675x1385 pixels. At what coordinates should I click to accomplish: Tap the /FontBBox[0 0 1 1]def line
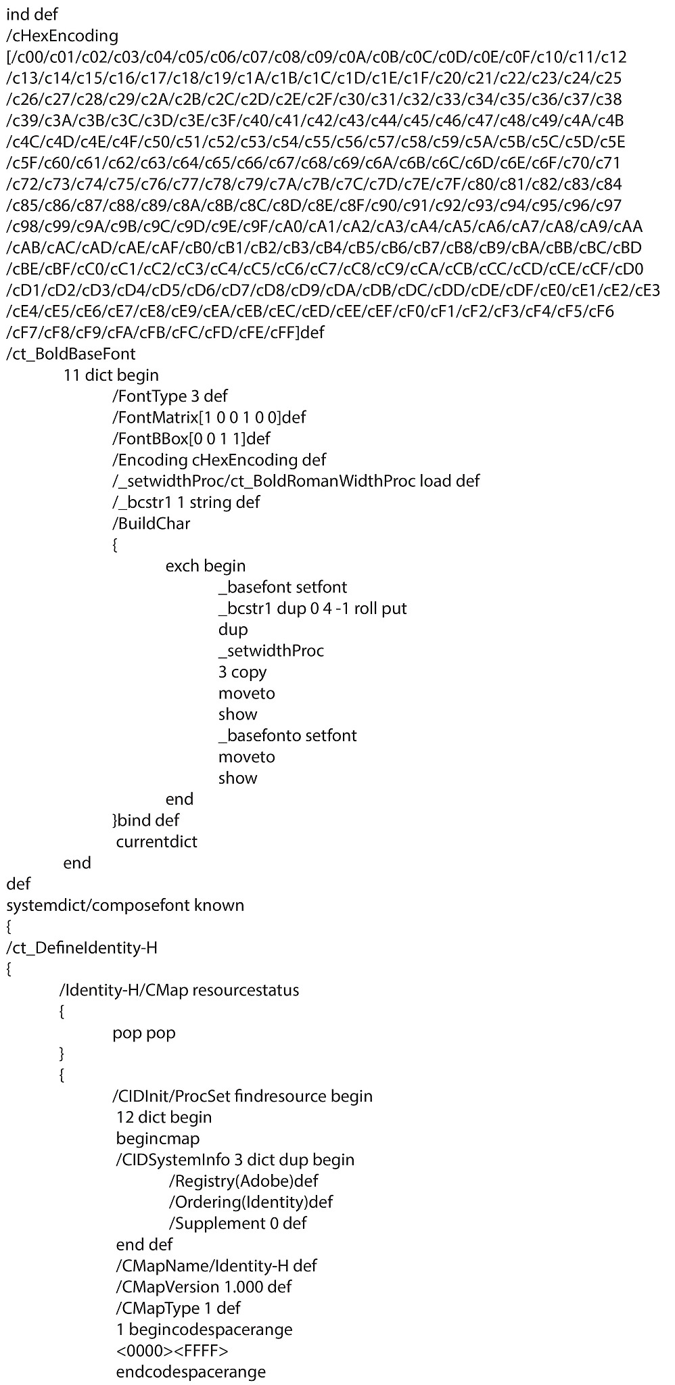click(x=191, y=438)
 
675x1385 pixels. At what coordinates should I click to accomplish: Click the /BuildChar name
click(x=152, y=523)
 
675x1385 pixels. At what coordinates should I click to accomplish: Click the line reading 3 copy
click(x=242, y=672)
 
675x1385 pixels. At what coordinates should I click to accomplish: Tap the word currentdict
click(x=157, y=841)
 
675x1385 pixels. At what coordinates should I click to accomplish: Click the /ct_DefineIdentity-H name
click(x=82, y=947)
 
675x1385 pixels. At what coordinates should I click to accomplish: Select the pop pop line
click(x=143, y=1033)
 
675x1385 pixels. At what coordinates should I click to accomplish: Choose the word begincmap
click(x=158, y=1139)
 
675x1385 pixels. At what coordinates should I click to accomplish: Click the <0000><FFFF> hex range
click(x=172, y=1351)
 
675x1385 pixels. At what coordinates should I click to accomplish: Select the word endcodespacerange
click(x=191, y=1372)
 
